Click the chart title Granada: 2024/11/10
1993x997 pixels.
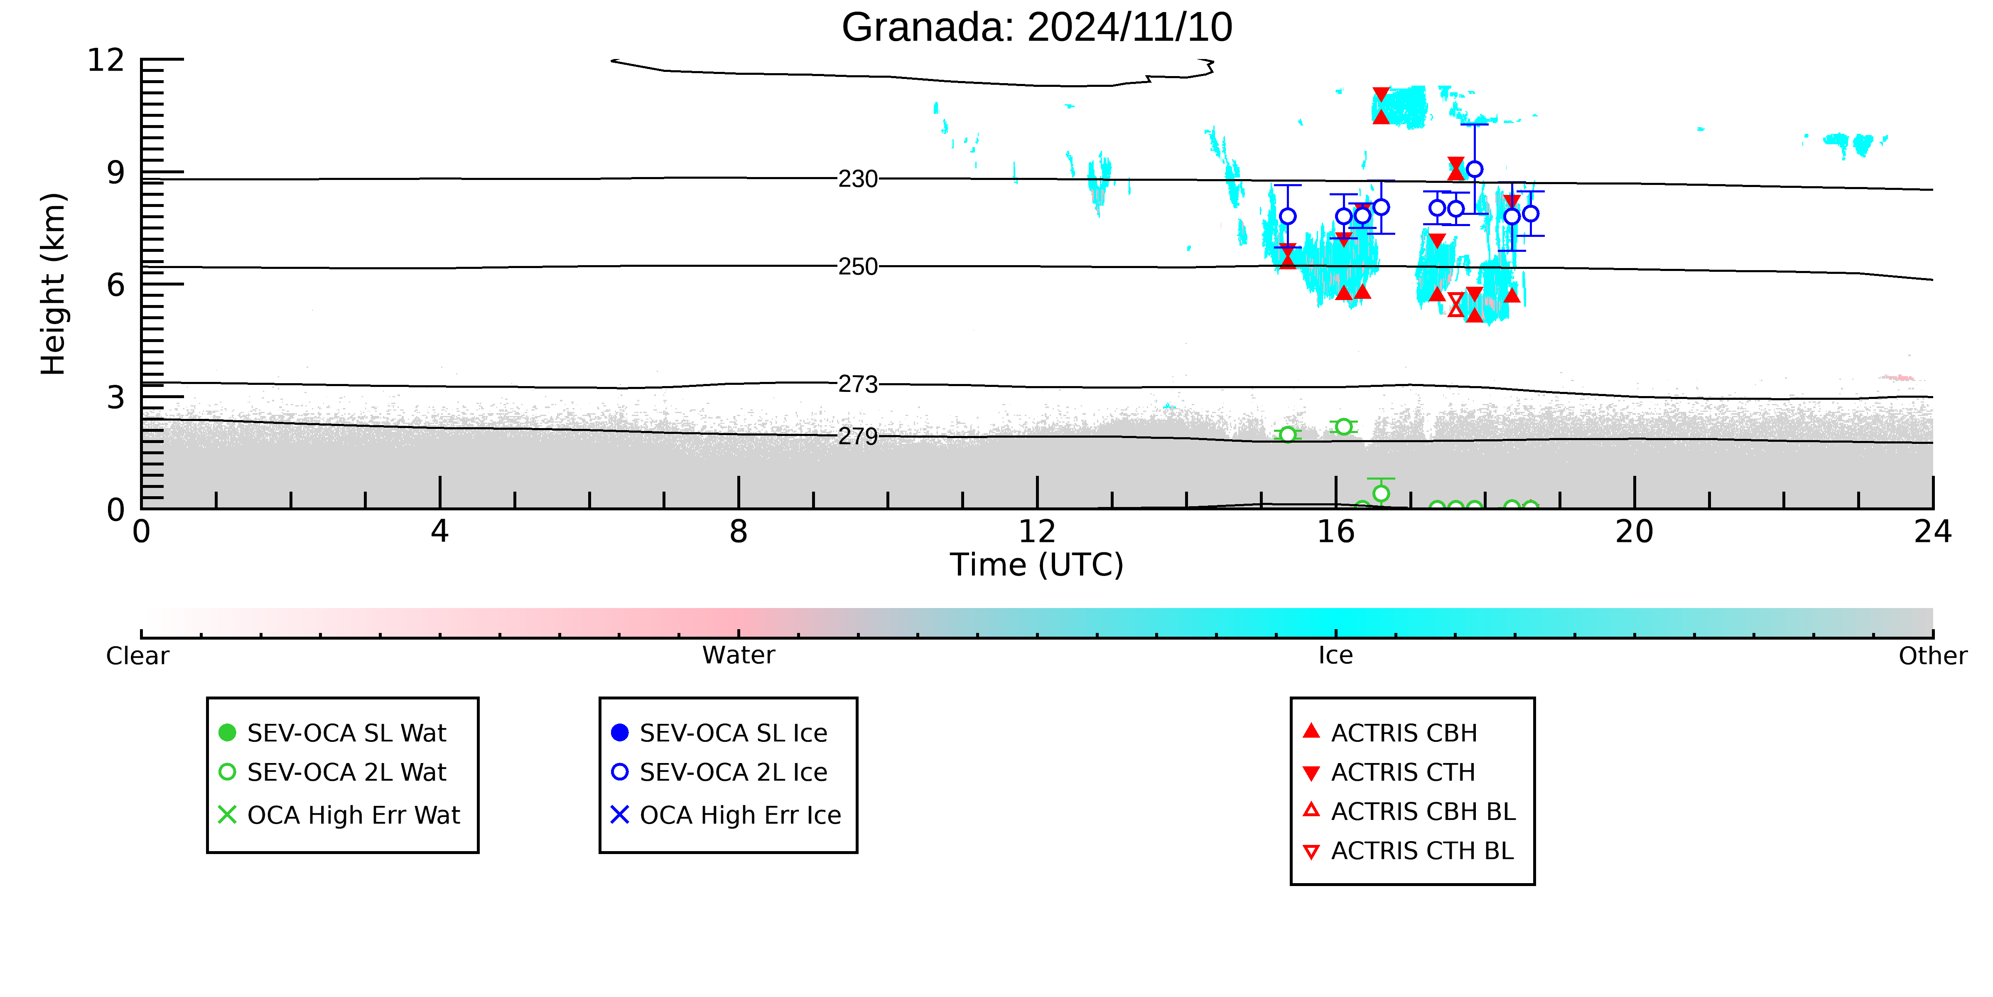1037,28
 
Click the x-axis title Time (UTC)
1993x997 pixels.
1037,565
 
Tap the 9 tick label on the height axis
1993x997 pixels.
115,172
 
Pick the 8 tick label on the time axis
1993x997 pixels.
739,532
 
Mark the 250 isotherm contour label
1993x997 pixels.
858,267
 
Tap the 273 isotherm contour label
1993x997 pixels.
858,385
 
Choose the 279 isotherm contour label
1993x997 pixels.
858,436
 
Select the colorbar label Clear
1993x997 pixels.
138,656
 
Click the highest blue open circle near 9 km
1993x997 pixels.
1475,169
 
